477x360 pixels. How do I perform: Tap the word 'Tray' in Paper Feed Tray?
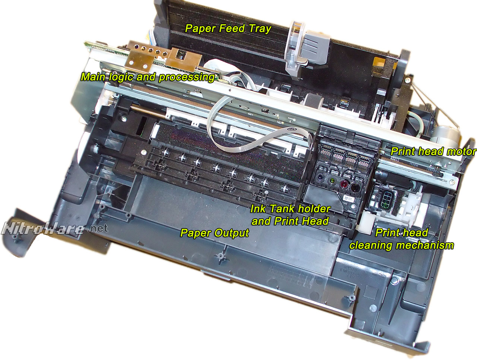pyautogui.click(x=260, y=29)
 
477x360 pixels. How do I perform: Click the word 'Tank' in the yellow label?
pyautogui.click(x=283, y=209)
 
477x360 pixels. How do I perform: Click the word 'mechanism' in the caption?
pyautogui.click(x=424, y=246)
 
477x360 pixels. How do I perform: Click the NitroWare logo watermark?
pyautogui.click(x=55, y=229)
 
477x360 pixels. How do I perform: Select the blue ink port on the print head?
pyautogui.click(x=320, y=177)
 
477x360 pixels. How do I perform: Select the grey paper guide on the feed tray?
pyautogui.click(x=307, y=50)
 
